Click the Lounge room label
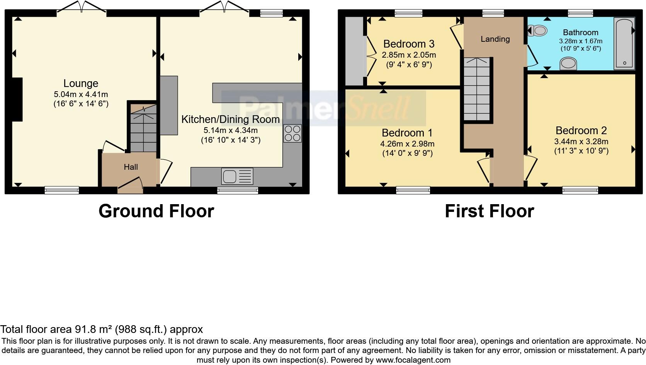81,84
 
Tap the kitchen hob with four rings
292,133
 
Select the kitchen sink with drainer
237,176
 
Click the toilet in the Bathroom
538,30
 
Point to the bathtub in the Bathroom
624,43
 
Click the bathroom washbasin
568,63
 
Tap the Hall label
131,167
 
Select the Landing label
495,39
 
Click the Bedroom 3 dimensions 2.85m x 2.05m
409,55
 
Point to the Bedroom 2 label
581,130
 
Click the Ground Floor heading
156,211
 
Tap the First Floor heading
489,211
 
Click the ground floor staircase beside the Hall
143,130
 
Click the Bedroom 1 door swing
484,169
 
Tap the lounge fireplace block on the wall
17,100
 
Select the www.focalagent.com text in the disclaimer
413,360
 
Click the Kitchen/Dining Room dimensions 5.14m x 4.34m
231,131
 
